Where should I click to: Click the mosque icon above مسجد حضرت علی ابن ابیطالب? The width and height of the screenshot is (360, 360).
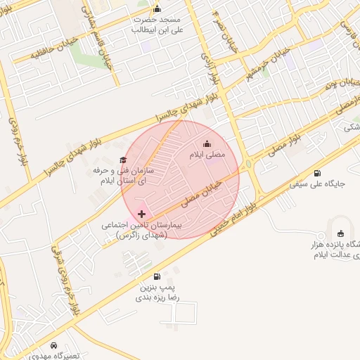coord(157,9)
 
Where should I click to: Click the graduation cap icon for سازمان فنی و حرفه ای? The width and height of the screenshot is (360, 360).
coord(124,160)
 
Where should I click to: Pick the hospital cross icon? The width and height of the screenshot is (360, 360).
coord(142,213)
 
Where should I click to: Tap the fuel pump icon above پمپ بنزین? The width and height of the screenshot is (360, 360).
coord(156,276)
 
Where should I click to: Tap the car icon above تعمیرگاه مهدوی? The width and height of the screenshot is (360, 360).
coord(55,345)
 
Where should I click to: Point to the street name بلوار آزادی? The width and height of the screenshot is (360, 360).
coord(207,70)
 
